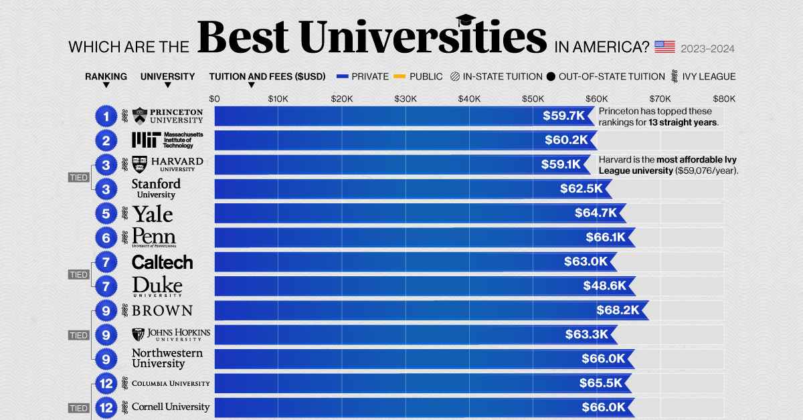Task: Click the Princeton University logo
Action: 168,116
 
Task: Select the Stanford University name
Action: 156,189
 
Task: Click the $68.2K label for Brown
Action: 618,310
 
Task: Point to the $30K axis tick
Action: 405,98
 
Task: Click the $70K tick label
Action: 660,98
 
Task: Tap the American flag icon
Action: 664,47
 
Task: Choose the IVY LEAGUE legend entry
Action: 709,76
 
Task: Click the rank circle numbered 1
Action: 106,117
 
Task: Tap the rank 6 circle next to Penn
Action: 106,237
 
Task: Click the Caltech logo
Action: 162,262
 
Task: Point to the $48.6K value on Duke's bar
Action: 604,286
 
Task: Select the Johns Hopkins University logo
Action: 171,334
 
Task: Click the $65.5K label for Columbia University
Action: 601,383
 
